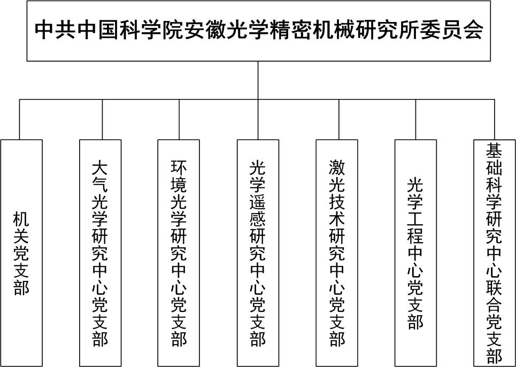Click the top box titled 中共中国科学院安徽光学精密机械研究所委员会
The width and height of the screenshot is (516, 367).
point(258,30)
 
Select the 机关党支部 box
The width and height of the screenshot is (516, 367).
point(21,253)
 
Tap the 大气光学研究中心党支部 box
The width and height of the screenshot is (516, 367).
point(101,253)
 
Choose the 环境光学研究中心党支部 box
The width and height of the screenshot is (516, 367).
point(179,253)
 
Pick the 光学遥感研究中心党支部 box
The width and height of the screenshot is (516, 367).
point(258,253)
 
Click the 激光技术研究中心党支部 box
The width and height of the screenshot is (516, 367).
point(337,253)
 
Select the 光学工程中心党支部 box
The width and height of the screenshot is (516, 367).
point(415,253)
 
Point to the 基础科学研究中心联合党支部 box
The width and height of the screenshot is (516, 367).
point(494,253)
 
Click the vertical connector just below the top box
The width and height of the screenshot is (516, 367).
point(258,80)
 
